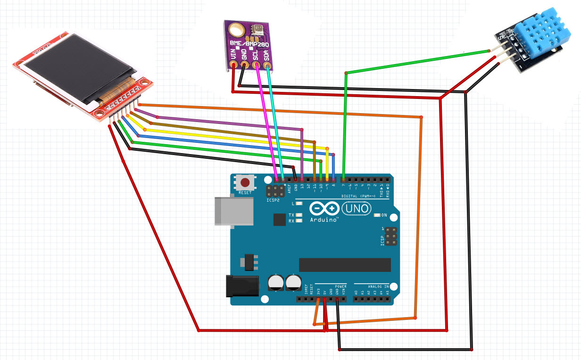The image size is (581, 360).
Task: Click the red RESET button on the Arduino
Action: click(245, 183)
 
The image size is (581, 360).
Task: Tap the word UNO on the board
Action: click(356, 208)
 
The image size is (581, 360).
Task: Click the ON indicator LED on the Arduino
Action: click(376, 215)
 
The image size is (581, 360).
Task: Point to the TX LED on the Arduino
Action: click(298, 214)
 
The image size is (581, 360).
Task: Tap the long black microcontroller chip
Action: click(344, 264)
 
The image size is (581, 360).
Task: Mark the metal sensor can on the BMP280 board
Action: click(257, 30)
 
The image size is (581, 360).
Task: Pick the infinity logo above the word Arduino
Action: click(324, 208)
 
